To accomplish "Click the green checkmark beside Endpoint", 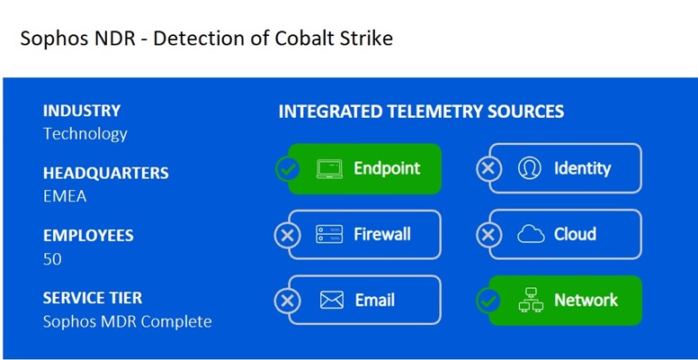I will tap(287, 169).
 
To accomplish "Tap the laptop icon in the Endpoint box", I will tap(330, 169).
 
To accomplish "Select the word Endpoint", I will tap(387, 168).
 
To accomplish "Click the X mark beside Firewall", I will tap(287, 235).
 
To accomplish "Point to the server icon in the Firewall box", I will tap(330, 235).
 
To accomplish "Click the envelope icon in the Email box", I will tap(331, 301).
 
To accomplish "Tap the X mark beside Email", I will tap(287, 301).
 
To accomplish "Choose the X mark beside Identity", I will tap(488, 169).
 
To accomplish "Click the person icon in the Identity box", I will tap(530, 168).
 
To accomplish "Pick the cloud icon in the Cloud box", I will tap(531, 235).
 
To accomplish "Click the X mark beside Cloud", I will tap(488, 235).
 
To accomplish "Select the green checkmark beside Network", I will tap(488, 301).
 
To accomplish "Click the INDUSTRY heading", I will tap(82, 112).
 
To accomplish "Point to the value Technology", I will tap(85, 134).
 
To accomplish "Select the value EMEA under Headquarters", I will tap(65, 196).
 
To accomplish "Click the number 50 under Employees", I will tap(53, 259).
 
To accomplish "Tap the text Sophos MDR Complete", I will tap(127, 321).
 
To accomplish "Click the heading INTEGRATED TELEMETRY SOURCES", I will tap(421, 112).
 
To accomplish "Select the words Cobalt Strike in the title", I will tap(335, 40).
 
